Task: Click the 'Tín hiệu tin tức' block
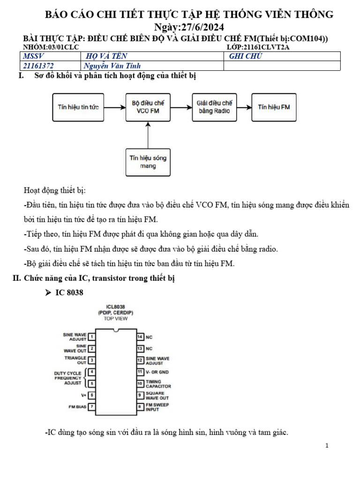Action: pos(78,107)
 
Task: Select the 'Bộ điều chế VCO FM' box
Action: pos(148,107)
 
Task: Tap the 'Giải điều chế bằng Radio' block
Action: pos(214,107)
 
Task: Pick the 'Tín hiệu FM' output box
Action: pos(274,107)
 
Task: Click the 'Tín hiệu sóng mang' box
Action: pos(148,162)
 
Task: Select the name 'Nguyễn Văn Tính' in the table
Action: pos(112,66)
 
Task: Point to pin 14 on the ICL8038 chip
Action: pos(140,337)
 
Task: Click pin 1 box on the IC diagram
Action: pos(92,337)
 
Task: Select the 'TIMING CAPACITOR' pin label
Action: pos(158,384)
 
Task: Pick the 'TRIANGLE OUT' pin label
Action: pos(75,360)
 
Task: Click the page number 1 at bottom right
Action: pos(327,445)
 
